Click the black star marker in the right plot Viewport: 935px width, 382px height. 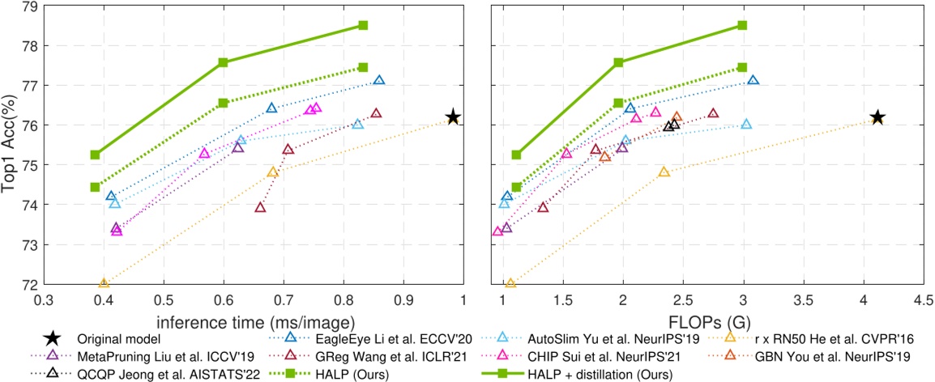pyautogui.click(x=877, y=117)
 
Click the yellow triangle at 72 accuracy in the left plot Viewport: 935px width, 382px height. pyautogui.click(x=104, y=283)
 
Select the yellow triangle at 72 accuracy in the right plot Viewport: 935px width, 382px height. pyautogui.click(x=510, y=283)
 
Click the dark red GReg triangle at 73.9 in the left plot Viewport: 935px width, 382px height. pyautogui.click(x=260, y=207)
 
